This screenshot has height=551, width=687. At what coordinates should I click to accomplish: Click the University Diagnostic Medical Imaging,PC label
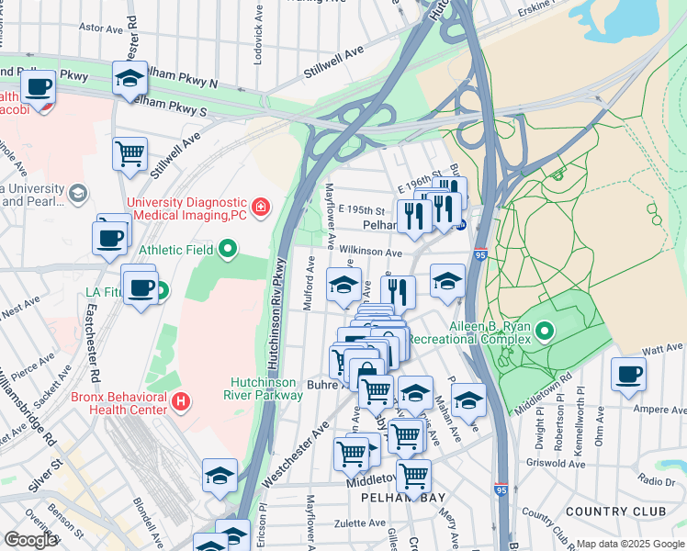[x=187, y=208]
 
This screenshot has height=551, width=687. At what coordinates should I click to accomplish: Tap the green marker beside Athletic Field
[x=228, y=249]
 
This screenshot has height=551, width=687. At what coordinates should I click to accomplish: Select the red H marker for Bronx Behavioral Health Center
[x=181, y=401]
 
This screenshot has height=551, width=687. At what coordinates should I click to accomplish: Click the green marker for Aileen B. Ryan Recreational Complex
[x=545, y=330]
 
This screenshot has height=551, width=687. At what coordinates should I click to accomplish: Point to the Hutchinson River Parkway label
[x=266, y=388]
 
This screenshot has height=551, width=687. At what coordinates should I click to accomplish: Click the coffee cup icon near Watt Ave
[x=629, y=375]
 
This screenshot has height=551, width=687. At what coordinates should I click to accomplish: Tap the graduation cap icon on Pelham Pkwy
[x=130, y=78]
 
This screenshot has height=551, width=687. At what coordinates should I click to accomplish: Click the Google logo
[x=31, y=540]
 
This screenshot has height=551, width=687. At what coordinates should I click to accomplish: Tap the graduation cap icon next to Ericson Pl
[x=220, y=476]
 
